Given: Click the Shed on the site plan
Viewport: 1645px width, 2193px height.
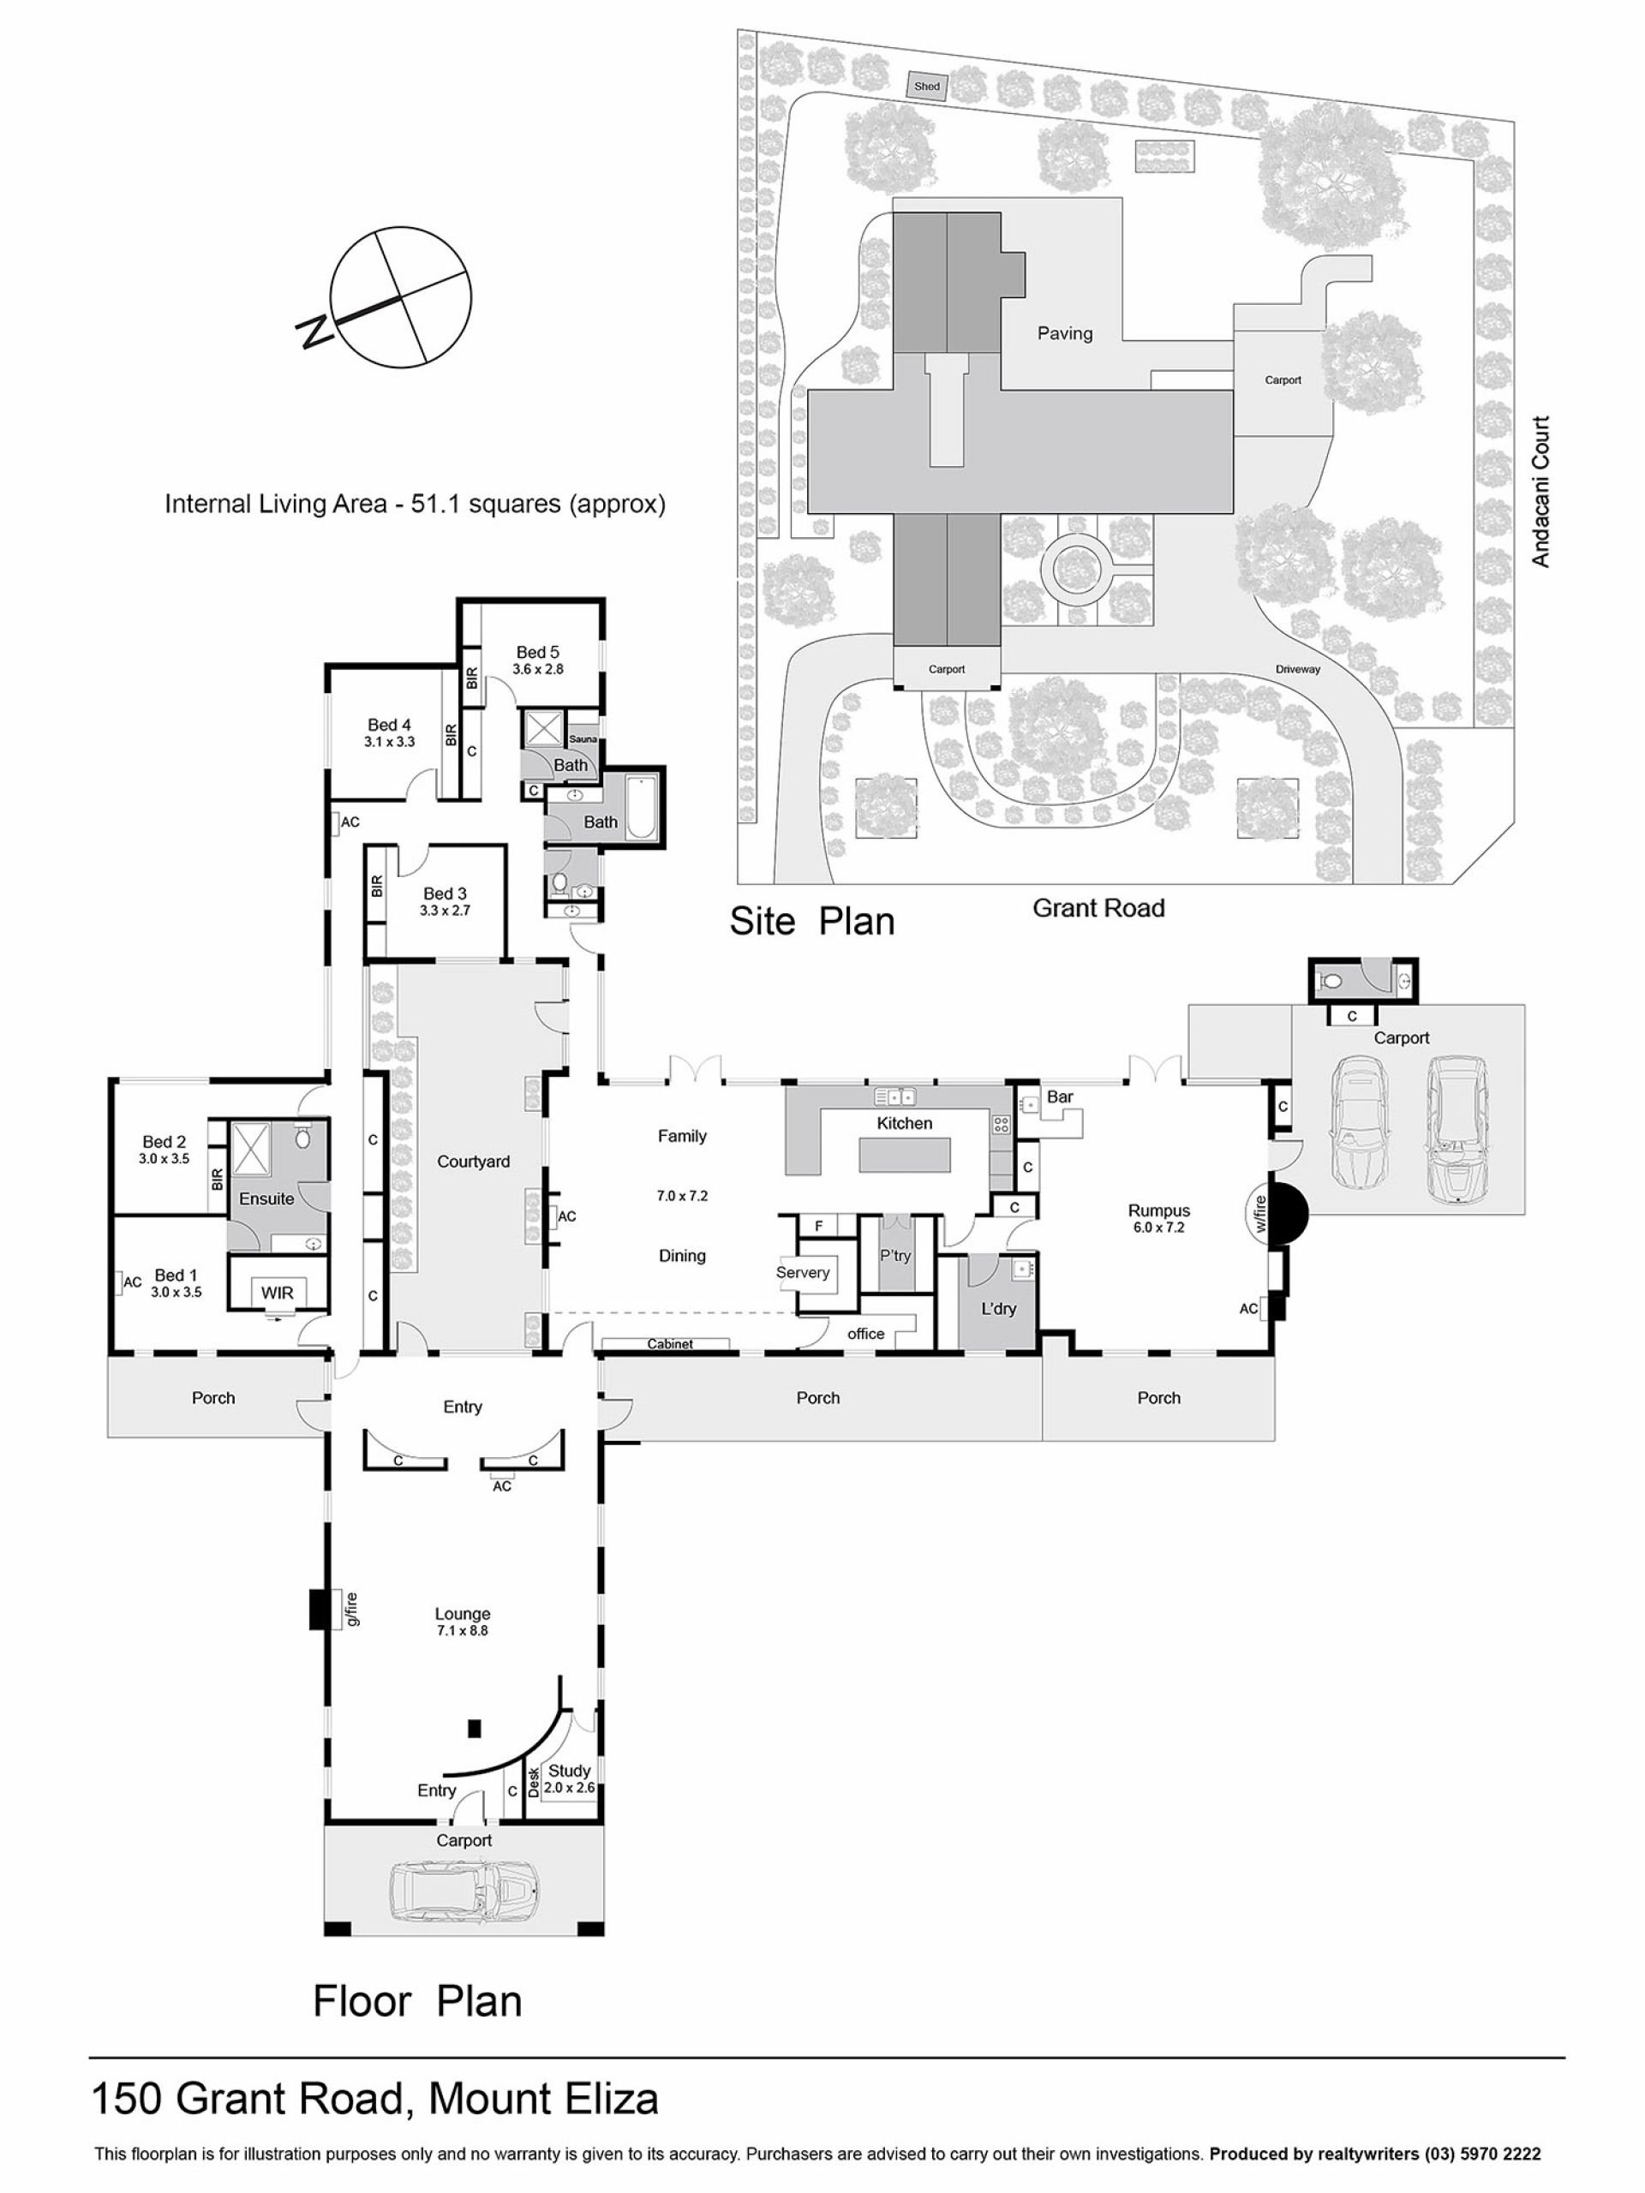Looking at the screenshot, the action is point(926,87).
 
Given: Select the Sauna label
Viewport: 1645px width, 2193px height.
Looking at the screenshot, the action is point(583,738).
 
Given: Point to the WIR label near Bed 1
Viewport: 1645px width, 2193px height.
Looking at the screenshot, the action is point(277,1293).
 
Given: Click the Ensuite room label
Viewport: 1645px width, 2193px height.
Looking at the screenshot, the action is point(266,1198).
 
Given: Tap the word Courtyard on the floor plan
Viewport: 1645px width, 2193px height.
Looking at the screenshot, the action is point(473,1161).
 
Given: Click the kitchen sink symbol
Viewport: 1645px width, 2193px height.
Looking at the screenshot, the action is point(894,1096).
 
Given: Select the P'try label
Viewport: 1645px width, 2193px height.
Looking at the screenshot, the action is point(894,1255).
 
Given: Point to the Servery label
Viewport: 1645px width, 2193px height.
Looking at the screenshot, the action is point(802,1272).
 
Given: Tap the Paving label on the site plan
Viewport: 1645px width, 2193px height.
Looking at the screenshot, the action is point(1064,333).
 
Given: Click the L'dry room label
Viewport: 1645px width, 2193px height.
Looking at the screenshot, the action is point(998,1309).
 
